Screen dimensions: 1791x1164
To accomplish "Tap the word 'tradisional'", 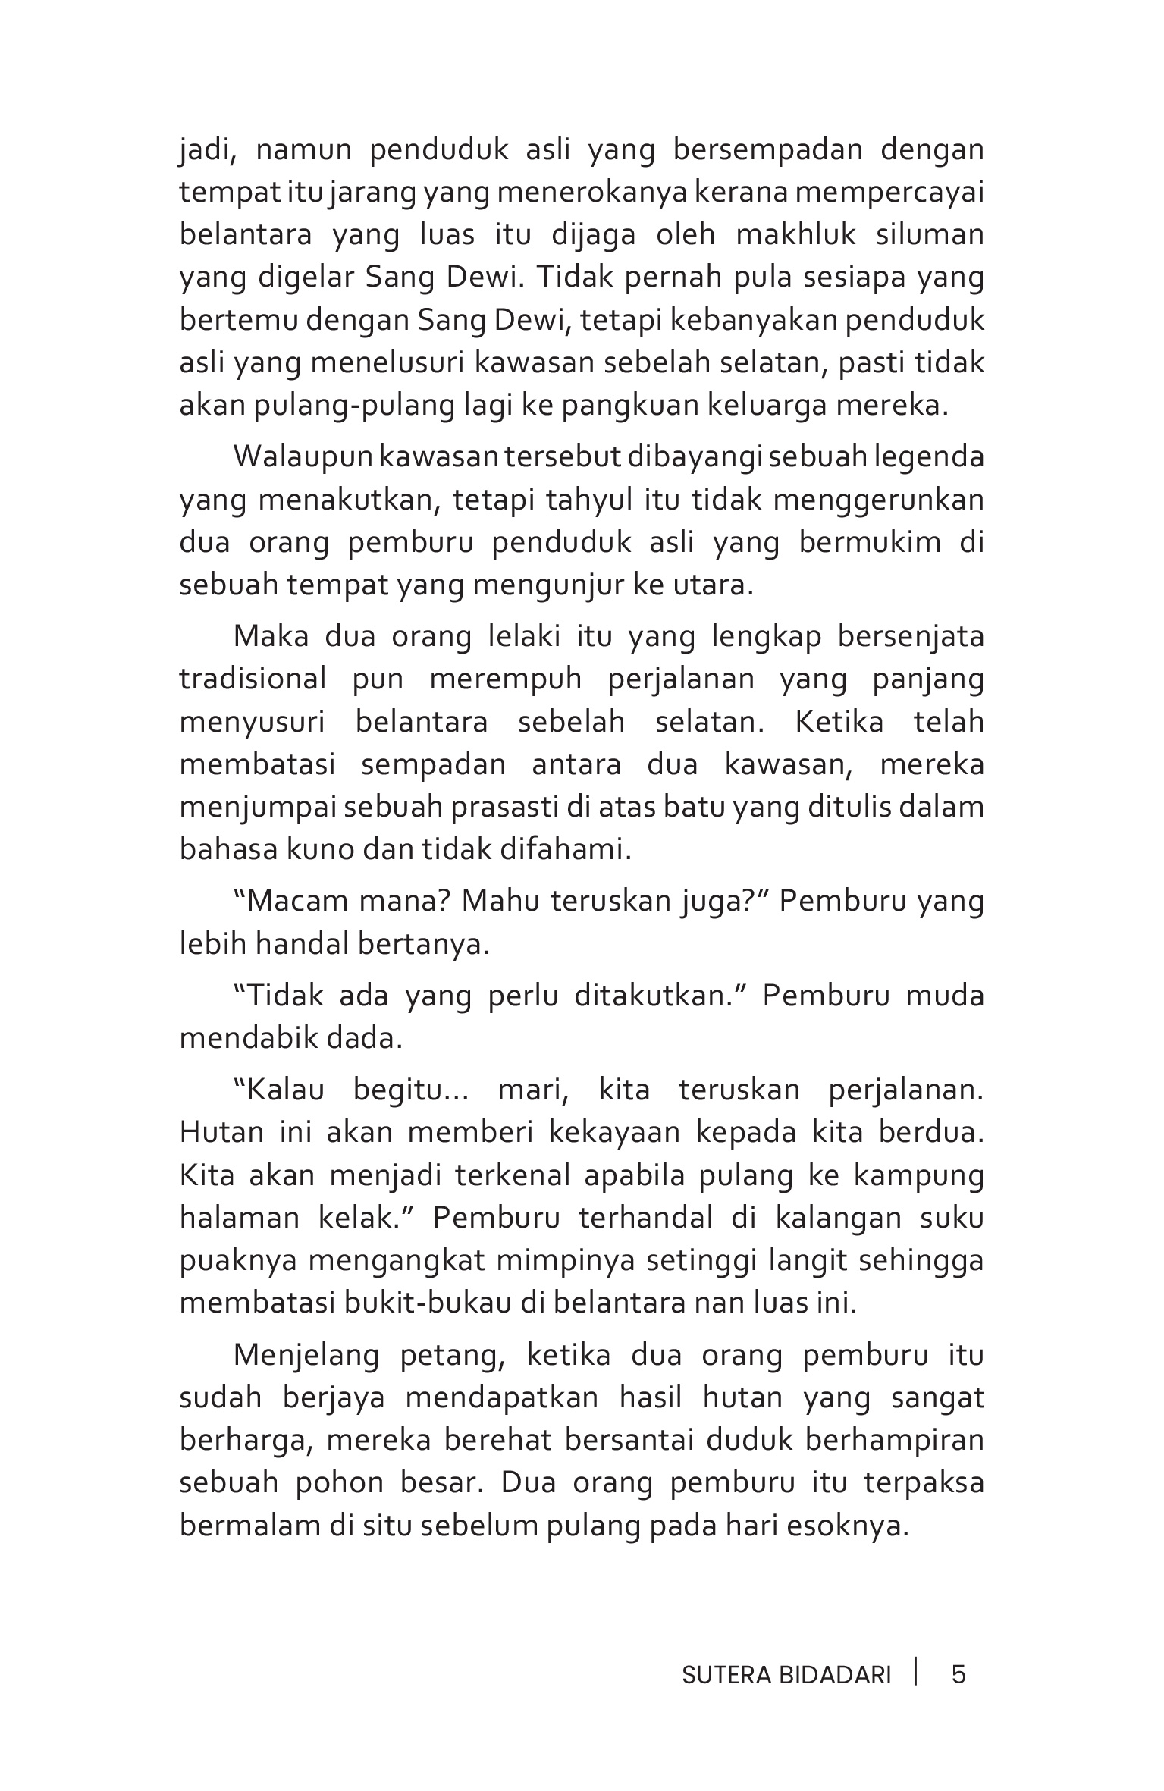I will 253,679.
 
